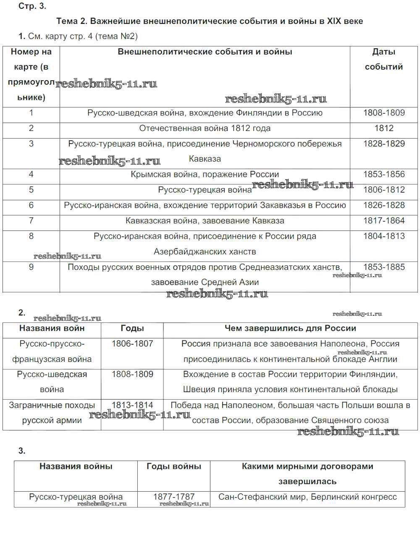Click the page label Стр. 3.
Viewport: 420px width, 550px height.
32,6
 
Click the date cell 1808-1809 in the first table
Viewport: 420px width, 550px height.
383,113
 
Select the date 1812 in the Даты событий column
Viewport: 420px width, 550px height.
383,128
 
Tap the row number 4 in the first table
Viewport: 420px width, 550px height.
31,175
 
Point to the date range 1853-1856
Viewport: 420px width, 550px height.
383,175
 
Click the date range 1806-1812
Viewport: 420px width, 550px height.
383,190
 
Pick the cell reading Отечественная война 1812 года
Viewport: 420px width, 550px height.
205,128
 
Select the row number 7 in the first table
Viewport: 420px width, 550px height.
31,221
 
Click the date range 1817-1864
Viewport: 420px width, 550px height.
383,221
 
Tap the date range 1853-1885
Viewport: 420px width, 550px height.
383,267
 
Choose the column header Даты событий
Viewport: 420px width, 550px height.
383,59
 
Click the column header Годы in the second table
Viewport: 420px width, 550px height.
132,328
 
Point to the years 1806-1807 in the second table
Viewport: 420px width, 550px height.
132,344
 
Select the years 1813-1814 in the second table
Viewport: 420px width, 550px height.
132,406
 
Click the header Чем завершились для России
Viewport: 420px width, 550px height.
290,328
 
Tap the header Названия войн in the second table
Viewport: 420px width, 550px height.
52,328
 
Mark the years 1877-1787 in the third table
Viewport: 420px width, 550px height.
174,497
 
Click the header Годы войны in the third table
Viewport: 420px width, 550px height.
174,466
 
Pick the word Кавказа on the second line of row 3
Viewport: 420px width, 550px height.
205,159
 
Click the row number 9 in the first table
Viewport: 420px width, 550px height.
31,267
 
